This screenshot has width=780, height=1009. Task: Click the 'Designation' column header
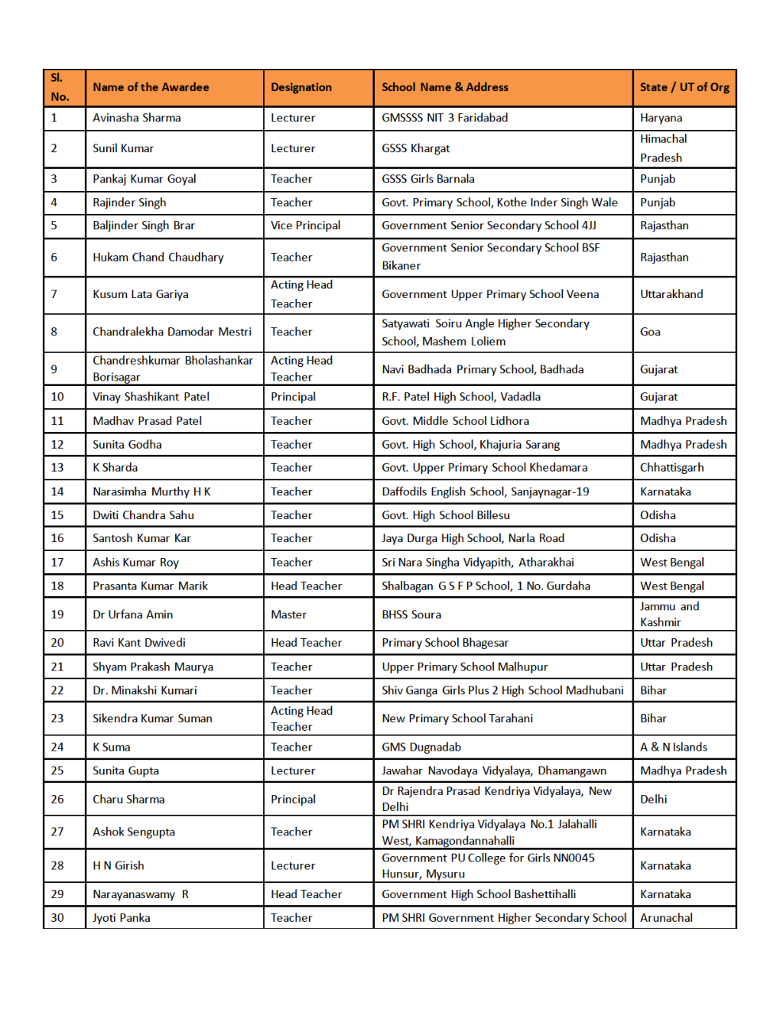click(x=301, y=87)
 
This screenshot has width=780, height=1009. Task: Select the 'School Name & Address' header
click(x=445, y=87)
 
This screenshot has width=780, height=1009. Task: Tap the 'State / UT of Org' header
click(x=684, y=87)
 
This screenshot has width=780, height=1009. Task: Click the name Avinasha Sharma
click(x=137, y=118)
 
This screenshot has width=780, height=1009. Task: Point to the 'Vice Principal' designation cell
click(x=306, y=225)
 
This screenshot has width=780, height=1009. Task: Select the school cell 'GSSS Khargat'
click(x=416, y=148)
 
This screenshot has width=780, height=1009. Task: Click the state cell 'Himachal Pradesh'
click(x=663, y=148)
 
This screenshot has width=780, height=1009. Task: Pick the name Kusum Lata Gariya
click(x=141, y=294)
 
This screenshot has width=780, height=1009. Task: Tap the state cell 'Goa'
click(x=650, y=332)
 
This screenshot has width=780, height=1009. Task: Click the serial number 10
click(x=57, y=397)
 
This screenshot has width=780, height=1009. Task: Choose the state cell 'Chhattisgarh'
click(x=672, y=467)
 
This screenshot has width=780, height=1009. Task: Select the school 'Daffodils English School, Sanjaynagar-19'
click(x=486, y=492)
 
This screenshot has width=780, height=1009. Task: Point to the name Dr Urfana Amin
click(x=133, y=615)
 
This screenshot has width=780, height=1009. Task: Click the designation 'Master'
click(x=288, y=615)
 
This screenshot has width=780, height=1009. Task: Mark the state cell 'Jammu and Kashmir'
click(x=669, y=614)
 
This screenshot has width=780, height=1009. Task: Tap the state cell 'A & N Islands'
click(x=674, y=747)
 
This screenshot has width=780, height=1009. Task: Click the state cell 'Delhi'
click(x=654, y=799)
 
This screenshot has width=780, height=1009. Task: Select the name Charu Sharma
click(x=128, y=799)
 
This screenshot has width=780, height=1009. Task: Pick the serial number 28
click(x=57, y=865)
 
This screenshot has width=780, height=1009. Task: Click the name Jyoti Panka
click(x=122, y=917)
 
